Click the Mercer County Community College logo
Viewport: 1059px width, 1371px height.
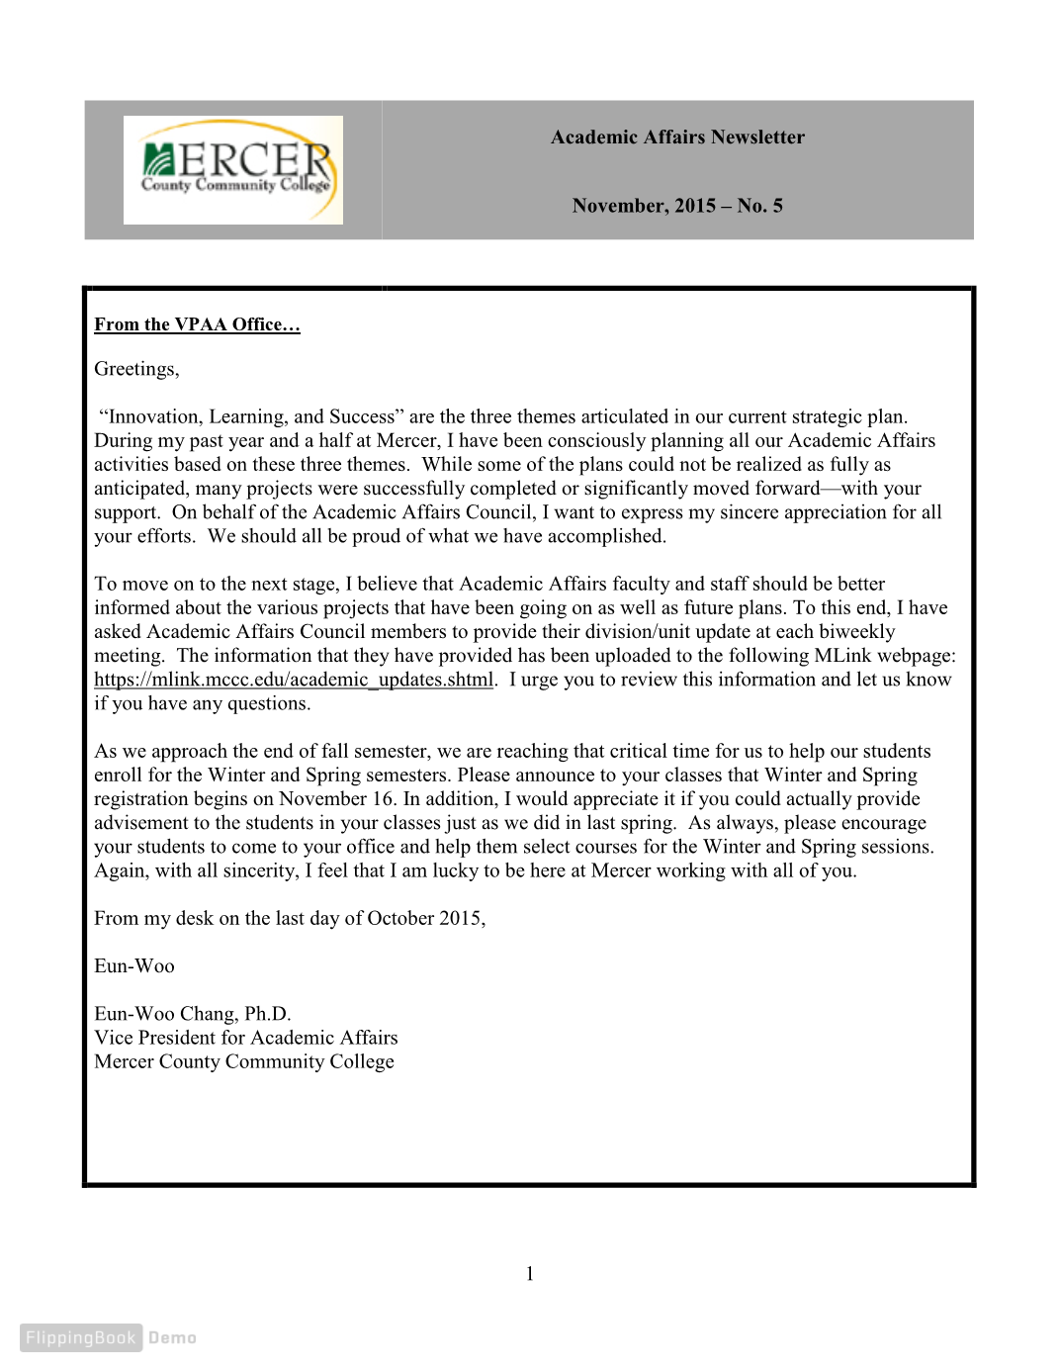pyautogui.click(x=233, y=170)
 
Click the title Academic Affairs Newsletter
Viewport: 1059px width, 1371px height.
pyautogui.click(x=677, y=137)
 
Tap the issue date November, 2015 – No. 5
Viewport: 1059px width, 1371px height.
pyautogui.click(x=677, y=206)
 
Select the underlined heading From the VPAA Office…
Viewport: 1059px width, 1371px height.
pyautogui.click(x=197, y=324)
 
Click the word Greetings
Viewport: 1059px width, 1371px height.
pyautogui.click(x=135, y=369)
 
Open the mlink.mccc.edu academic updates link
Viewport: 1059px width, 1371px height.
pyautogui.click(x=294, y=680)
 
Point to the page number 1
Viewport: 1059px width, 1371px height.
pyautogui.click(x=530, y=1274)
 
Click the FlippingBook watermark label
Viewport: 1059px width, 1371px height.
pyautogui.click(x=80, y=1337)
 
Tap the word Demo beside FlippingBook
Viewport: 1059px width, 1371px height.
pyautogui.click(x=173, y=1337)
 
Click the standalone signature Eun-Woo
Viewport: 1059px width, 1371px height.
pyautogui.click(x=134, y=966)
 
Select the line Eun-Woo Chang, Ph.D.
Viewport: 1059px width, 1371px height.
pyautogui.click(x=193, y=1014)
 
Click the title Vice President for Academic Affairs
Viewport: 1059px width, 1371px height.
pyautogui.click(x=246, y=1038)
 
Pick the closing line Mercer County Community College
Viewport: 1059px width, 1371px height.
pyautogui.click(x=244, y=1061)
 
